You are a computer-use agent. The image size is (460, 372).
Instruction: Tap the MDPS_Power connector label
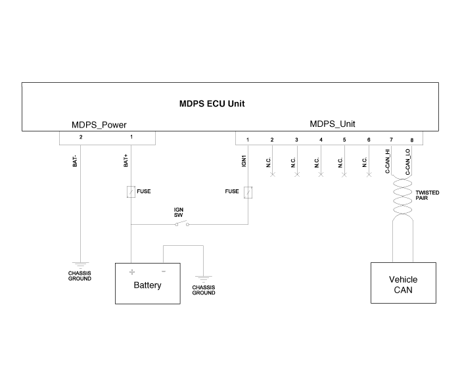[x=99, y=125]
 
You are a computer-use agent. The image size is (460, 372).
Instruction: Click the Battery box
[x=147, y=284]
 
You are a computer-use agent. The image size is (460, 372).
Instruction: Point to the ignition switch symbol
[x=181, y=224]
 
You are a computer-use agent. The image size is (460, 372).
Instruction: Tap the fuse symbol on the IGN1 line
[x=248, y=192]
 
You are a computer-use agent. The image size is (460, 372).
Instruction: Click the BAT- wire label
[x=75, y=160]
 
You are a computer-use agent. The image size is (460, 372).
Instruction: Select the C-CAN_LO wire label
[x=408, y=162]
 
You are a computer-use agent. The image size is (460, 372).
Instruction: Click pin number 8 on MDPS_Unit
[x=412, y=140]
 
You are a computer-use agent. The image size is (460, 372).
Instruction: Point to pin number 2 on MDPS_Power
[x=80, y=137]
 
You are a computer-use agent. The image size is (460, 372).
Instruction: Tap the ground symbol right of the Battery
[x=203, y=278]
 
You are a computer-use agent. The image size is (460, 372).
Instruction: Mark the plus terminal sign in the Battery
[x=131, y=271]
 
